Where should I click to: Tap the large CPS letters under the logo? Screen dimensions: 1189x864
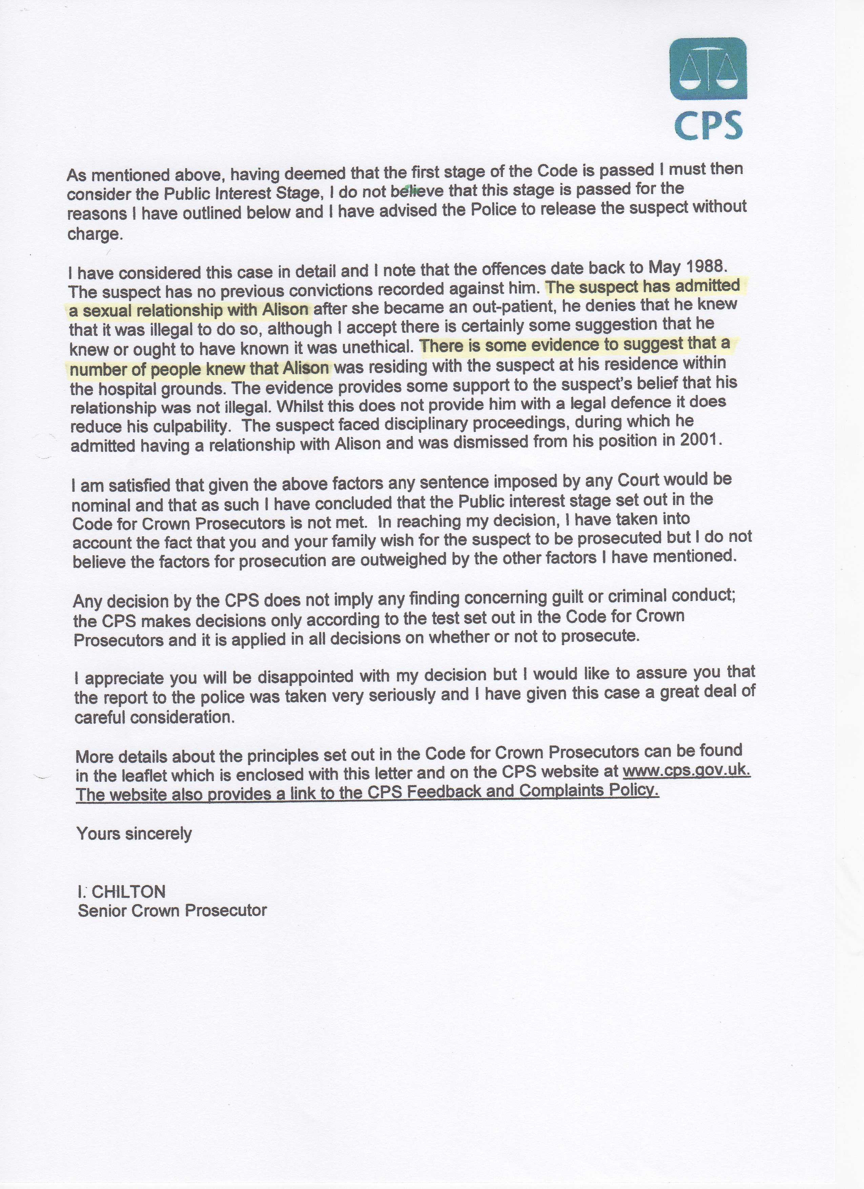(x=708, y=125)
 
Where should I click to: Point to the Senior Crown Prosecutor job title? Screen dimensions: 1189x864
(x=172, y=910)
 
